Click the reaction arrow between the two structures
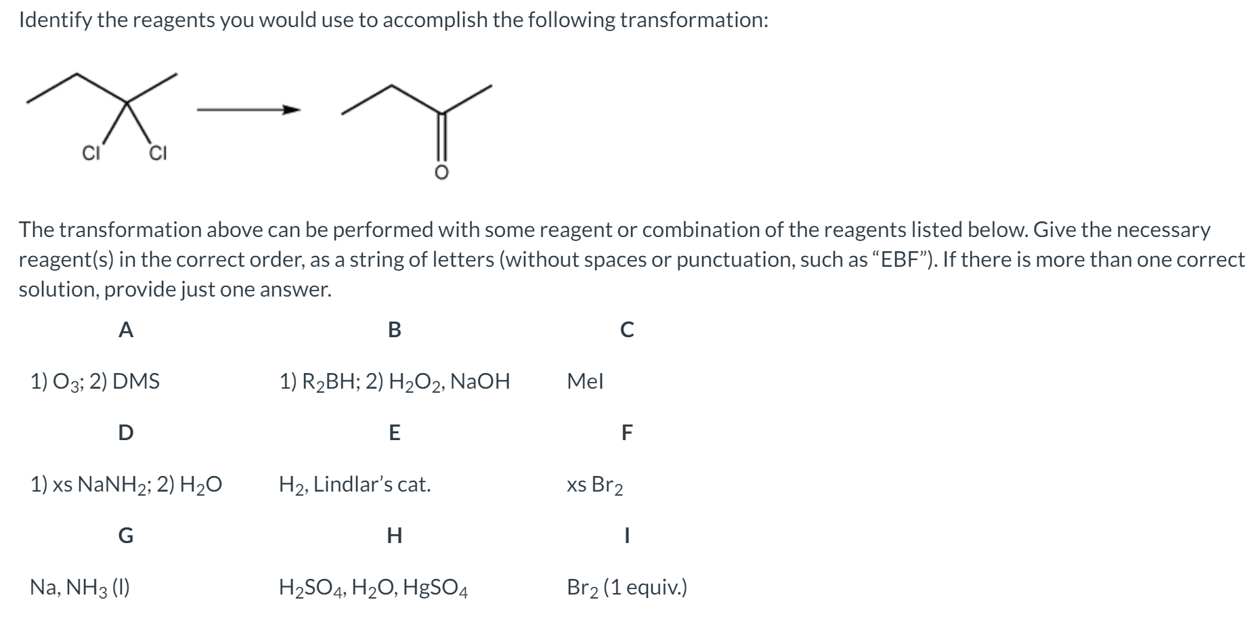click(x=248, y=109)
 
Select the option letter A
click(x=125, y=330)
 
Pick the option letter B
click(x=394, y=330)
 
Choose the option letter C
click(x=627, y=330)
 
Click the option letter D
click(x=125, y=432)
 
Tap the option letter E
click(x=394, y=432)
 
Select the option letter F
click(x=627, y=432)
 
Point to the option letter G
click(x=125, y=536)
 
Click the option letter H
click(x=394, y=536)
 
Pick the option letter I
click(x=627, y=536)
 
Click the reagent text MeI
click(x=585, y=381)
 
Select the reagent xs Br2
click(x=595, y=485)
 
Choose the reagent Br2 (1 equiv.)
click(x=627, y=587)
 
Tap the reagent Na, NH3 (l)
click(x=80, y=587)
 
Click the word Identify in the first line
click(x=56, y=20)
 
